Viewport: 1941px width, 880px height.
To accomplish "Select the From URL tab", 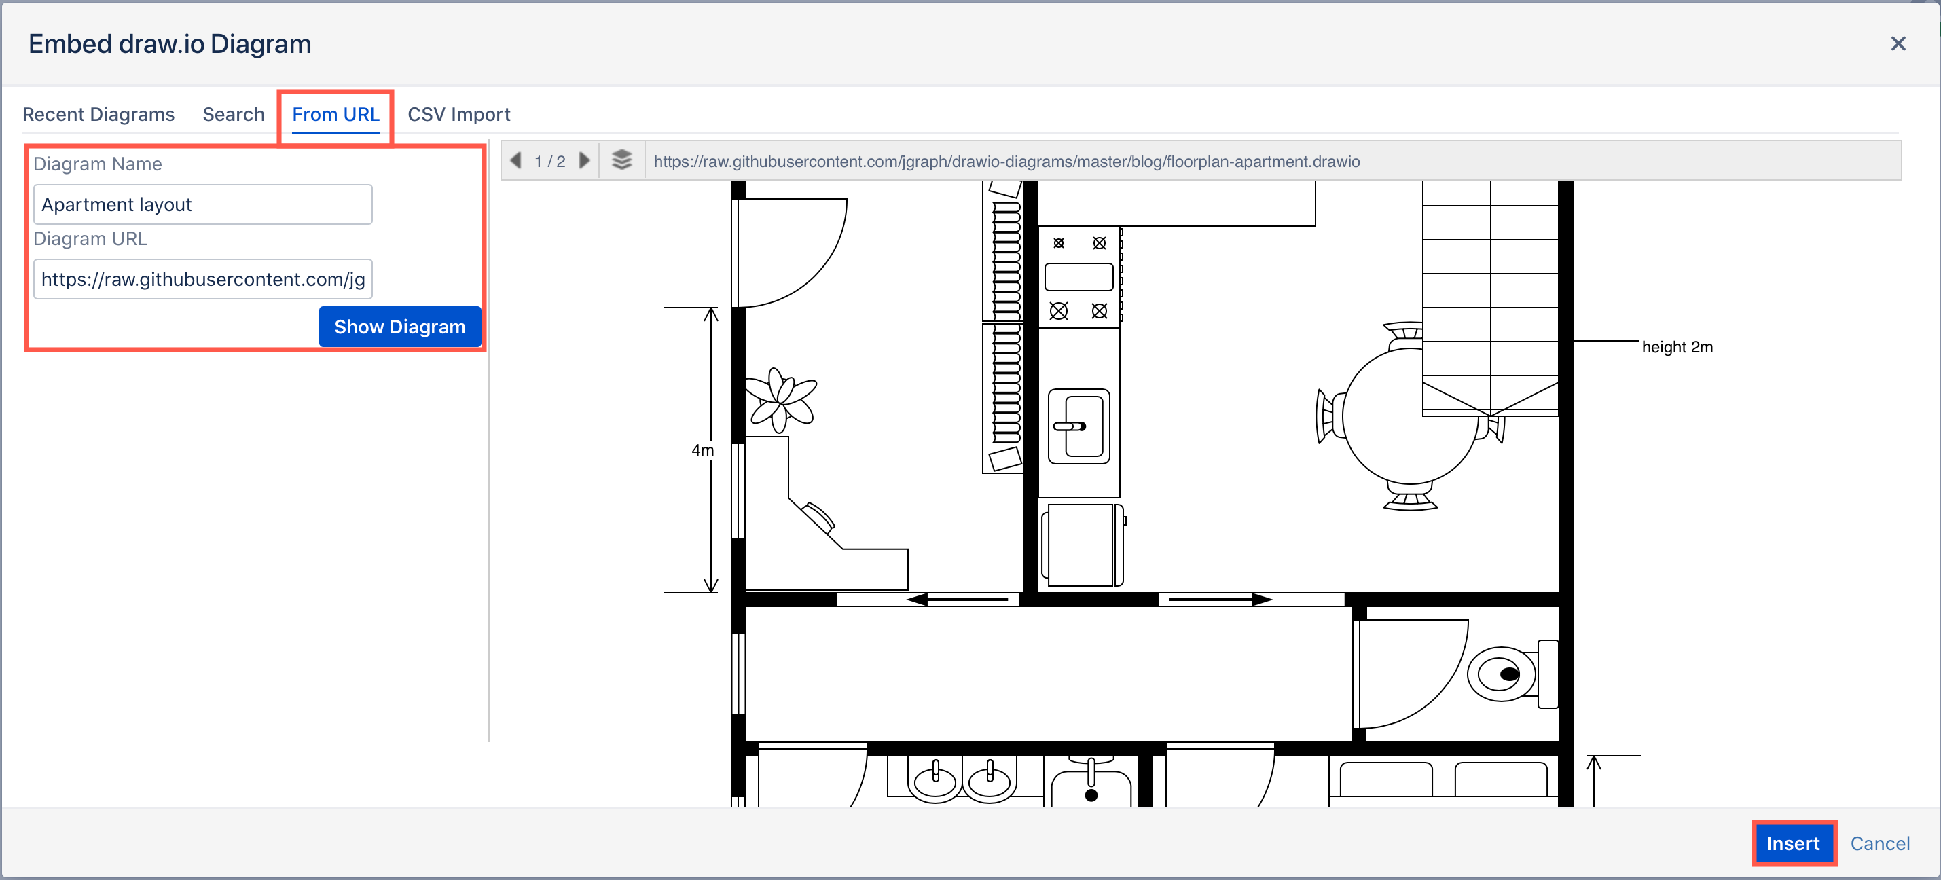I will coord(335,115).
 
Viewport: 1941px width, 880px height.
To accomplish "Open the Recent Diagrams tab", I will coord(98,115).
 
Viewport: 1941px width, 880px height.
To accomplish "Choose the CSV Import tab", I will coord(458,115).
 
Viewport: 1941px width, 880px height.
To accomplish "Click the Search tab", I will coord(233,115).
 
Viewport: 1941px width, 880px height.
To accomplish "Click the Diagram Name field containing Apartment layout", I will coord(202,205).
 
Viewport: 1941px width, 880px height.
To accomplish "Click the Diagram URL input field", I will coord(202,280).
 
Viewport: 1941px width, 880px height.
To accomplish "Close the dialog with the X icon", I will coord(1898,43).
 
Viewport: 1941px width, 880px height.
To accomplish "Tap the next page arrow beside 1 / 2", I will coord(584,161).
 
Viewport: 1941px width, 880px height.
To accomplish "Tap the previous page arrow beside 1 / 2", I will coord(516,161).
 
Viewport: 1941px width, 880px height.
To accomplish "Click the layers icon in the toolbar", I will coord(621,160).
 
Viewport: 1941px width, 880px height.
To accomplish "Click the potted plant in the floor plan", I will coord(780,400).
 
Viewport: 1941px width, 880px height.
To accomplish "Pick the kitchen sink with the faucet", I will coord(1079,426).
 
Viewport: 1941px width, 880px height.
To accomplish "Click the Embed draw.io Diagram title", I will coord(170,44).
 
